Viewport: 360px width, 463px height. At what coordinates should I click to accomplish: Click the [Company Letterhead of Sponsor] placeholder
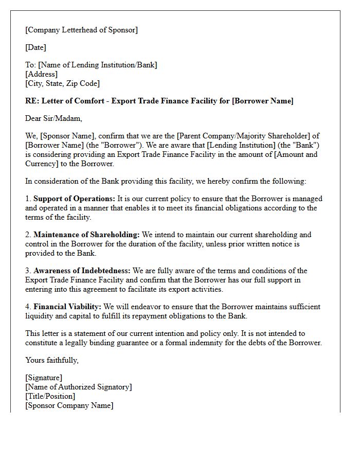81,30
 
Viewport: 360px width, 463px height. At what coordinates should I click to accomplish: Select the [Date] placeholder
35,47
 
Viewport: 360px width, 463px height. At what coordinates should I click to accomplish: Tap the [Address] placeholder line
42,74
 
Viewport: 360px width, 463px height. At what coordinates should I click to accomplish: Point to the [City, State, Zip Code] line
62,83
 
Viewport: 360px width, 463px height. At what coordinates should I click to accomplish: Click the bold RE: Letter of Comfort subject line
159,101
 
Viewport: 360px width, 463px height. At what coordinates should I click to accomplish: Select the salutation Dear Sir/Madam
53,118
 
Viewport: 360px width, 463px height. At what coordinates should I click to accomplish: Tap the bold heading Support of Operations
75,199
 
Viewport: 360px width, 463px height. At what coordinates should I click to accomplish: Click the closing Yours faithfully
52,360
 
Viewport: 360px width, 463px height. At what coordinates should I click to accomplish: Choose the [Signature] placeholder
44,378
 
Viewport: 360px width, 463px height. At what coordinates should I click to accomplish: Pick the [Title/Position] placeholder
50,396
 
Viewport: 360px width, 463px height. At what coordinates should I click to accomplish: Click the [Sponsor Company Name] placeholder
69,405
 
